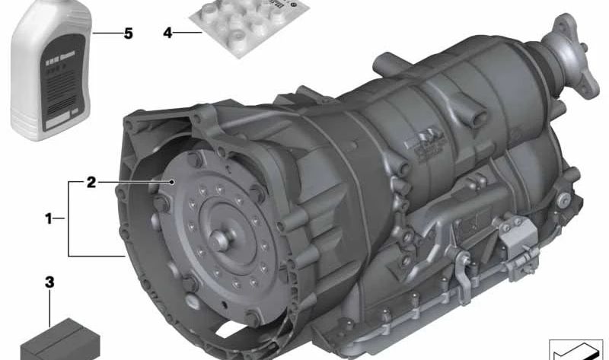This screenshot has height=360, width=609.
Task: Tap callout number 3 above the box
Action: pyautogui.click(x=50, y=282)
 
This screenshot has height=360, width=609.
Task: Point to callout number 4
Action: pyautogui.click(x=167, y=33)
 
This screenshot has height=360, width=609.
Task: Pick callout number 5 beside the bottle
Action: pyautogui.click(x=129, y=33)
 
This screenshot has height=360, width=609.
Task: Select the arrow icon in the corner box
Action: pyautogui.click(x=576, y=351)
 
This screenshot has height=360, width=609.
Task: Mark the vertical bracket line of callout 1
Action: pyautogui.click(x=69, y=218)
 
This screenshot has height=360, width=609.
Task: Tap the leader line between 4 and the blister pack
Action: pyautogui.click(x=190, y=33)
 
